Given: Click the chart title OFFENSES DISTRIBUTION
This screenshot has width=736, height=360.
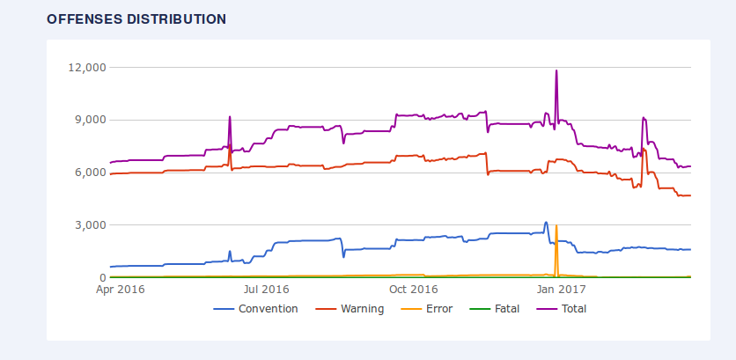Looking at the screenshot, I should tap(136, 18).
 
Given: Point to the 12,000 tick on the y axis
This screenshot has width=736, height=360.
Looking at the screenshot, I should tap(87, 67).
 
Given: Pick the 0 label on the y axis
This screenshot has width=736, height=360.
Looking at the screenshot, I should tap(102, 278).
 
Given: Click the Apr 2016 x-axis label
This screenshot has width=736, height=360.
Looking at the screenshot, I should tap(121, 289).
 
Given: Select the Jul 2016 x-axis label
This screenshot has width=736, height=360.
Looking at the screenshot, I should tap(266, 289).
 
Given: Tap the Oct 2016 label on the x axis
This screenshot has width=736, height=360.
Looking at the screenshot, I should tap(414, 289).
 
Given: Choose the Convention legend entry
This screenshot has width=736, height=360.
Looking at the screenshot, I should tap(268, 309).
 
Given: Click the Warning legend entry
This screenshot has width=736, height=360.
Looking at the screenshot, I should tap(362, 309).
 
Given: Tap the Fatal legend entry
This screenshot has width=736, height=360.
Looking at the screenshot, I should tap(507, 309).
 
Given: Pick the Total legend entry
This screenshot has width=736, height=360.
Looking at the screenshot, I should tap(572, 309).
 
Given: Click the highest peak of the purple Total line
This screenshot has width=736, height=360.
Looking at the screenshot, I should tap(556, 70).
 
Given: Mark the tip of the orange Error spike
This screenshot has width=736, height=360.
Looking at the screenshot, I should tap(556, 225).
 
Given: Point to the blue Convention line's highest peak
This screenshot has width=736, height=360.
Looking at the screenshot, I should tap(546, 222).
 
